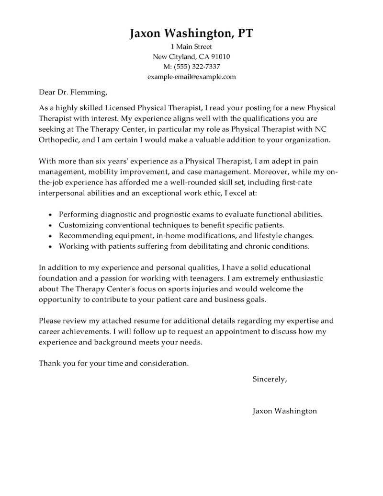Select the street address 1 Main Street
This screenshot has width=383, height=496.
(191, 47)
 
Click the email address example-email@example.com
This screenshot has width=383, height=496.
(191, 77)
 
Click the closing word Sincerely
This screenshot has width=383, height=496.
(270, 380)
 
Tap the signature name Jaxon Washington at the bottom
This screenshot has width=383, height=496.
(284, 411)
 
